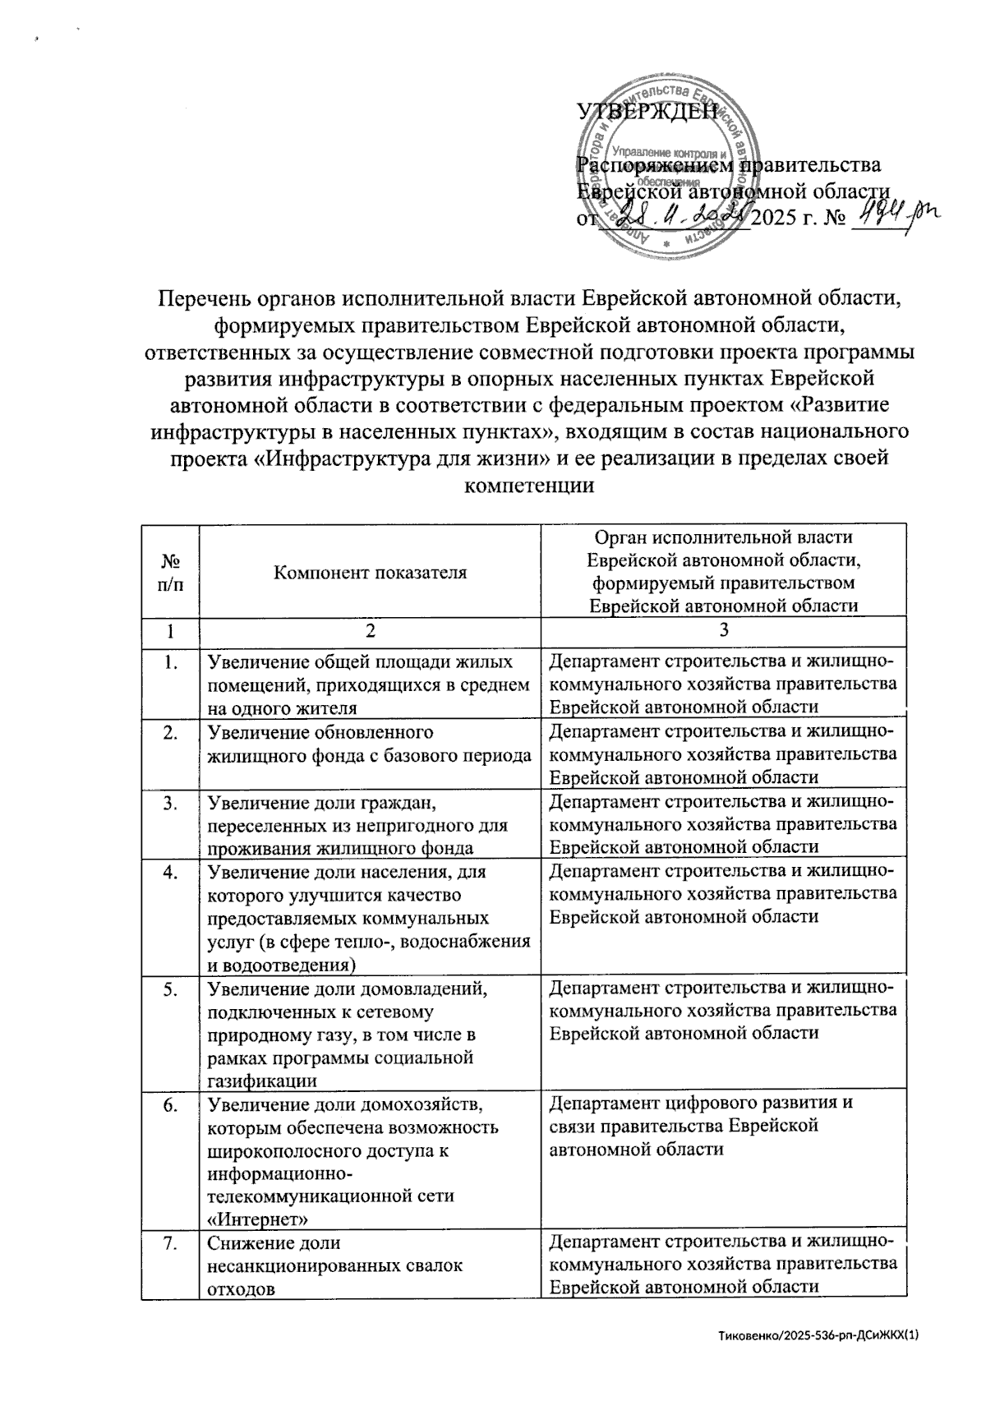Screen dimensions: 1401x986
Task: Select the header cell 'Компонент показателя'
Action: (370, 572)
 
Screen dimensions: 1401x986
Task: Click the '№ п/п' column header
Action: (171, 572)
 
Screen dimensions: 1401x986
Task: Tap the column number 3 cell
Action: (723, 631)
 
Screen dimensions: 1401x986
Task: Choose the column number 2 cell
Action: (370, 631)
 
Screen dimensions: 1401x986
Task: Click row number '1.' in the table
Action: (171, 661)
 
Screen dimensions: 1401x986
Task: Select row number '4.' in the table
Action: (171, 872)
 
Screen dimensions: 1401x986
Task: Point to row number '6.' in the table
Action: (171, 1104)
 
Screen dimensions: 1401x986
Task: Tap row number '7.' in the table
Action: (171, 1244)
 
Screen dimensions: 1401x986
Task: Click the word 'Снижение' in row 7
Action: (247, 1243)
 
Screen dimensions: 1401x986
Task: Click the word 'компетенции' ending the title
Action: (529, 485)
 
